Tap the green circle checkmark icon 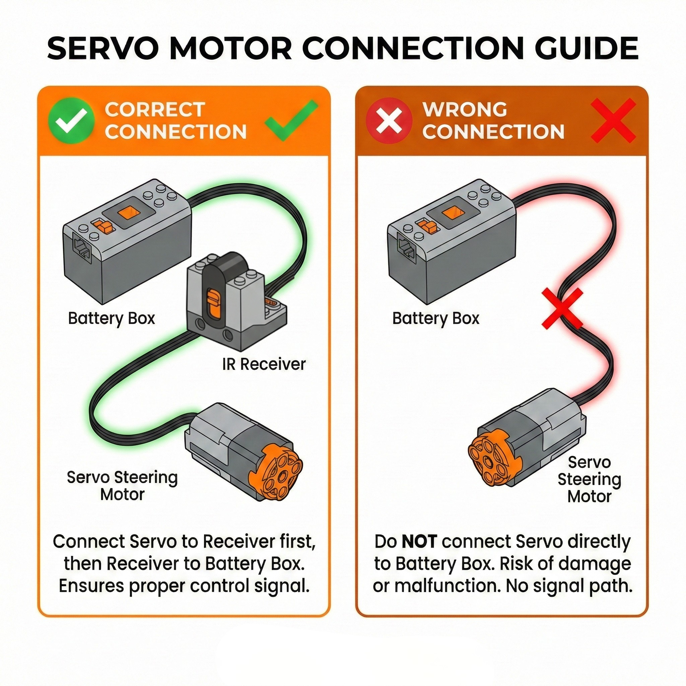(71, 120)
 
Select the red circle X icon (389, 120)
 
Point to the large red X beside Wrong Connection (613, 121)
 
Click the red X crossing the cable (562, 308)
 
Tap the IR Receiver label (264, 364)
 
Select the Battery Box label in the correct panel (112, 318)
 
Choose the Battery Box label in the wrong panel (436, 318)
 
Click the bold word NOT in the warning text (419, 542)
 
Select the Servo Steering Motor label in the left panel (122, 486)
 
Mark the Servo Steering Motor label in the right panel (589, 479)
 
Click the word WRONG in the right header (465, 109)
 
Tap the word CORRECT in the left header (155, 109)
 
